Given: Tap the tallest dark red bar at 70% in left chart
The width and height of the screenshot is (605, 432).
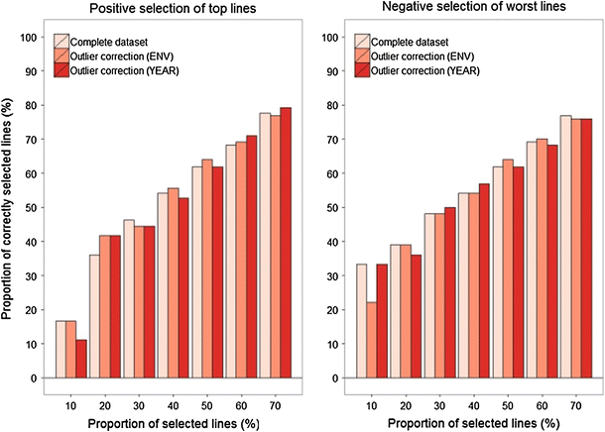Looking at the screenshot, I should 286,243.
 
